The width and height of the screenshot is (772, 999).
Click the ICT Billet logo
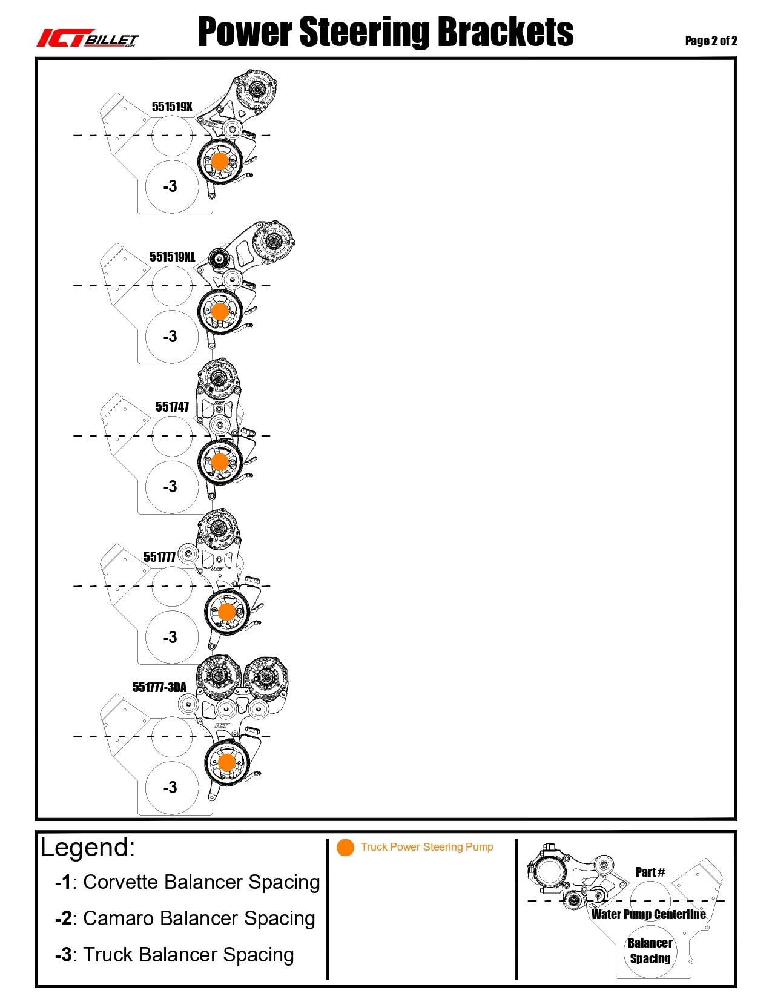pyautogui.click(x=87, y=38)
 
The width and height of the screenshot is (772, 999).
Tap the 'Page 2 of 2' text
pyautogui.click(x=711, y=41)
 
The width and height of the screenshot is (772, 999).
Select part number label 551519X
pyautogui.click(x=172, y=107)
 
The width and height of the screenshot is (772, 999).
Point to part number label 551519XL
pyautogui.click(x=172, y=257)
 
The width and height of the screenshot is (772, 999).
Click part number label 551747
pyautogui.click(x=172, y=407)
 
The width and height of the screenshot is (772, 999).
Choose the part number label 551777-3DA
pyautogui.click(x=160, y=687)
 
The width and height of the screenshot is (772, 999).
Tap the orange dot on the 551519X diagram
pyautogui.click(x=220, y=162)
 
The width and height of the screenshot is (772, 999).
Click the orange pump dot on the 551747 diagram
pyautogui.click(x=220, y=461)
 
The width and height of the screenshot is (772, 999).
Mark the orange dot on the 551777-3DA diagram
pyautogui.click(x=226, y=762)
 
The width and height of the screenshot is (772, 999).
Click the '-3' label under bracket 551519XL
pyautogui.click(x=170, y=336)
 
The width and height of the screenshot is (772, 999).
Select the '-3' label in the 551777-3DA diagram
pyautogui.click(x=170, y=787)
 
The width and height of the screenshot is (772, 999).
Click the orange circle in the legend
pyautogui.click(x=345, y=847)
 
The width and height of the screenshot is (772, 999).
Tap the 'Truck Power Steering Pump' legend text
pyautogui.click(x=427, y=847)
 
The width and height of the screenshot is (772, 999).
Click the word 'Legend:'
pyautogui.click(x=88, y=847)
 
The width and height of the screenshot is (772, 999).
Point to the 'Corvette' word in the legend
pyautogui.click(x=120, y=882)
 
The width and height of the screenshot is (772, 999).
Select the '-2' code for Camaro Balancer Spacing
pyautogui.click(x=64, y=918)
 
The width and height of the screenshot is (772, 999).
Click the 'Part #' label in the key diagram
pyautogui.click(x=650, y=872)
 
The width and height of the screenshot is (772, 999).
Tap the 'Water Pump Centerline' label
pyautogui.click(x=648, y=914)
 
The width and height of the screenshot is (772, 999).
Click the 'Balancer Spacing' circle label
pyautogui.click(x=650, y=951)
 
